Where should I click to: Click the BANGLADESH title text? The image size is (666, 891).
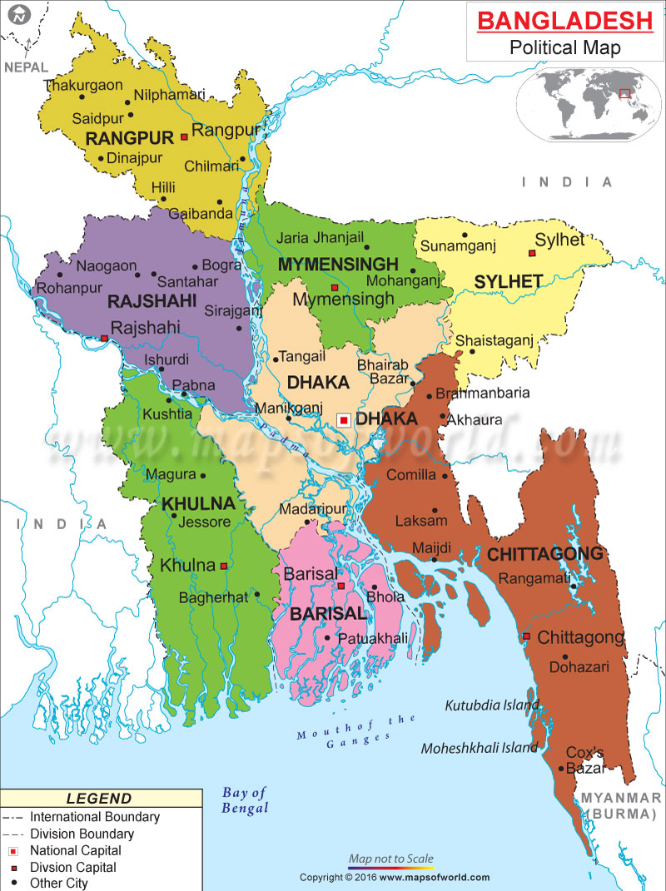tap(564, 20)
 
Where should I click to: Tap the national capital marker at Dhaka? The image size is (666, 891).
tap(343, 420)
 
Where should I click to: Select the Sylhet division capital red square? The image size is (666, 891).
tap(530, 253)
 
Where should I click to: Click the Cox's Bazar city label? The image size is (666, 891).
tap(584, 760)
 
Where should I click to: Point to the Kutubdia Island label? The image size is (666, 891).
tap(492, 705)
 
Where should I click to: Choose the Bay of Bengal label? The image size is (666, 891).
tap(245, 800)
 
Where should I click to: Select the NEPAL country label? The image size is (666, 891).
tap(26, 67)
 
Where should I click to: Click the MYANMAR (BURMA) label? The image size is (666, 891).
tap(620, 805)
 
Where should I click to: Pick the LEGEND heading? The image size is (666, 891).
tap(99, 799)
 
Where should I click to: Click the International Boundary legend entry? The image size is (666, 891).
tap(94, 817)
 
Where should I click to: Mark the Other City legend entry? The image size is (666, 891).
tap(58, 884)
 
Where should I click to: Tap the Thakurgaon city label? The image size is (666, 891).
tap(83, 85)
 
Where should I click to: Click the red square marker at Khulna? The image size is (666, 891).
tap(223, 566)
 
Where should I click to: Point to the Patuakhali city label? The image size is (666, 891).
tap(372, 638)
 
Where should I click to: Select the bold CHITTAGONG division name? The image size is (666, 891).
tap(545, 554)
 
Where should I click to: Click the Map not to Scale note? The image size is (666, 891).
tap(390, 859)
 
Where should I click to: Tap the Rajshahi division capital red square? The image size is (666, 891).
tap(103, 338)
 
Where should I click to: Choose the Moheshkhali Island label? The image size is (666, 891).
tap(479, 748)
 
